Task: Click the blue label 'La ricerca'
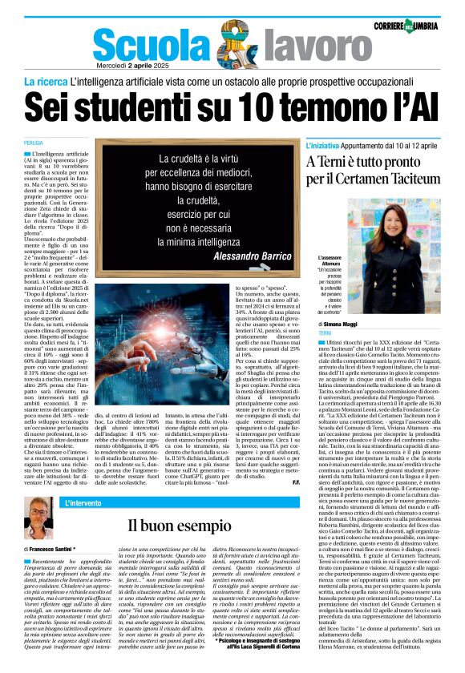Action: (x=45, y=83)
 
